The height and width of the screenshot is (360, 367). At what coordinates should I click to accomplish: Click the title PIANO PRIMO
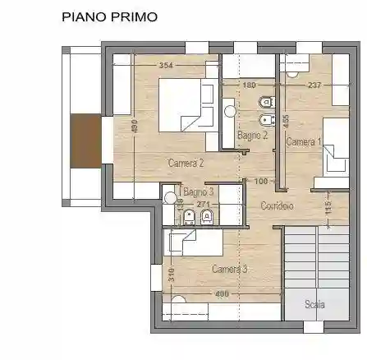click(x=109, y=16)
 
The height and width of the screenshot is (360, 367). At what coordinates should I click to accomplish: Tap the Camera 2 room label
click(x=186, y=163)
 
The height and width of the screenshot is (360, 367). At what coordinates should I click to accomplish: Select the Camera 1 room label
click(x=302, y=142)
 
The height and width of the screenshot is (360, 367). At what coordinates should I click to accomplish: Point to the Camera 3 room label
click(x=229, y=269)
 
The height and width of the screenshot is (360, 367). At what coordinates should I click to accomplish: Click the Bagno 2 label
click(x=252, y=135)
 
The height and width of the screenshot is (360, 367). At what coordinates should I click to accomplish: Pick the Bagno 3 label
click(x=199, y=192)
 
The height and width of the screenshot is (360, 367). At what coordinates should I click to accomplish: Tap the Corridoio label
click(x=277, y=205)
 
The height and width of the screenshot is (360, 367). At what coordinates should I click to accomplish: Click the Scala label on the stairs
click(x=314, y=304)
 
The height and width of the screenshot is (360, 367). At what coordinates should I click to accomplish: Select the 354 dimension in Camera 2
click(x=167, y=66)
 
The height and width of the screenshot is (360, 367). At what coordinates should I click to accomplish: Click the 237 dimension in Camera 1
click(x=314, y=85)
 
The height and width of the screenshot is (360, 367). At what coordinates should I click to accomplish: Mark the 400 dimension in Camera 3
click(x=221, y=293)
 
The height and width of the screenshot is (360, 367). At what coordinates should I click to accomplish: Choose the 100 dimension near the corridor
click(x=262, y=181)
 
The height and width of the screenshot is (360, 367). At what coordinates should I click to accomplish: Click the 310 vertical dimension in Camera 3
click(x=171, y=275)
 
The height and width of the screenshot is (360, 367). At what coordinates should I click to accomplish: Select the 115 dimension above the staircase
click(x=328, y=209)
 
